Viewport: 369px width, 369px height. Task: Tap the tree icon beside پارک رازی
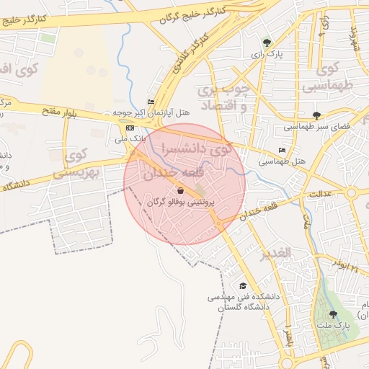(268, 43)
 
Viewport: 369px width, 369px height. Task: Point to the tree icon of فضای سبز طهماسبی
(316, 115)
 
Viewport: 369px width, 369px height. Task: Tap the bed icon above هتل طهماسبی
(282, 151)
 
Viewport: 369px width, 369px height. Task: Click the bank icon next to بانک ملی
(130, 128)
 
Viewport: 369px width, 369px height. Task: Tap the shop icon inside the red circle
(179, 190)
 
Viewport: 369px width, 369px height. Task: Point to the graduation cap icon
(242, 286)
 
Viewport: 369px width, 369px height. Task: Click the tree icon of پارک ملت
(332, 314)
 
